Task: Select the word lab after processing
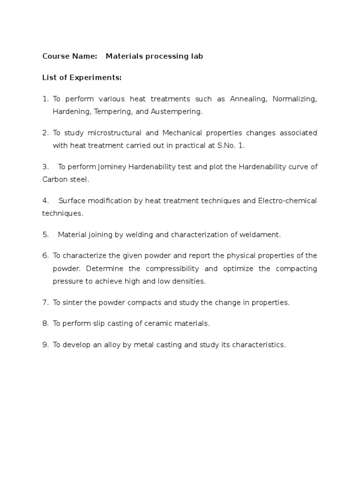(x=196, y=56)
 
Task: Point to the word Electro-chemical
(x=287, y=201)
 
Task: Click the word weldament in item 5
(x=261, y=234)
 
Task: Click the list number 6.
(x=45, y=255)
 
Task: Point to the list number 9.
(x=45, y=345)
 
